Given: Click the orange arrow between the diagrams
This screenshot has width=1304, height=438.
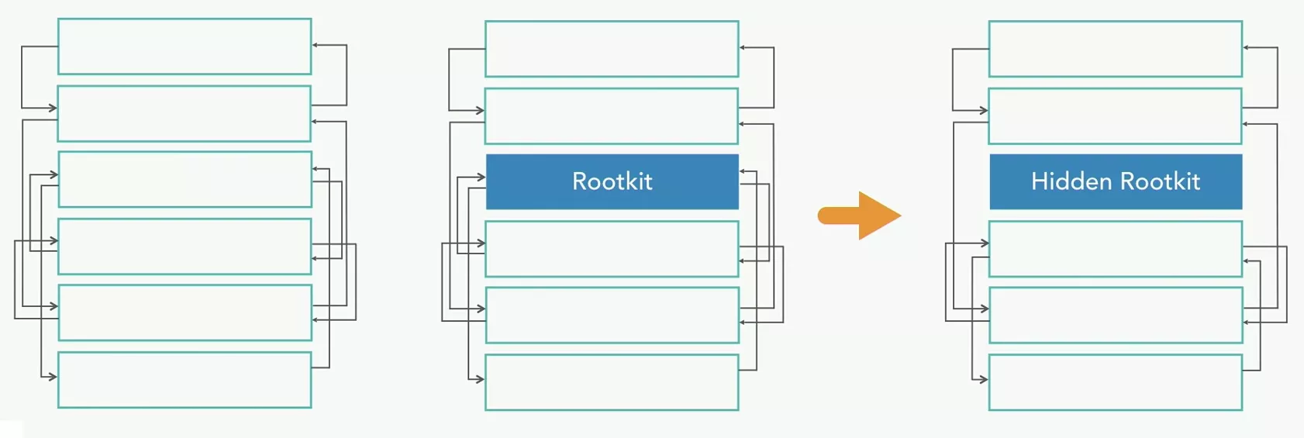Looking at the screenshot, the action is click(860, 216).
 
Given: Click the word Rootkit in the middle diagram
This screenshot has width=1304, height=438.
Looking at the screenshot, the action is click(612, 181).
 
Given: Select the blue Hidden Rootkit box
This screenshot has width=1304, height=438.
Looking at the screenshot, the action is click(1116, 181).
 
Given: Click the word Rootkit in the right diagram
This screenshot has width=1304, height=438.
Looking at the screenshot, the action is click(1161, 181).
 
